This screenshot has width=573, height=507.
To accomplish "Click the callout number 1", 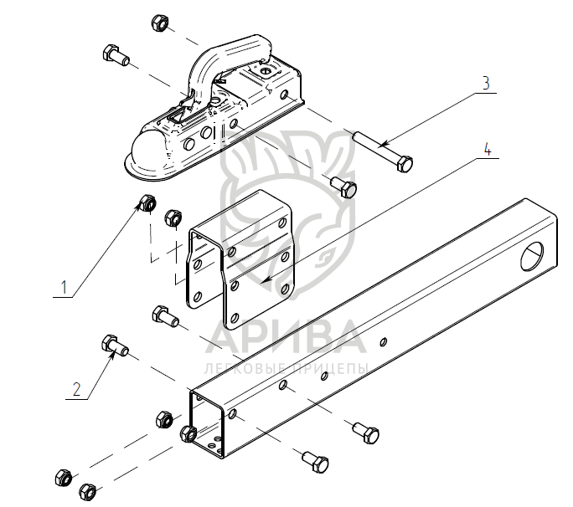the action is click(x=65, y=287).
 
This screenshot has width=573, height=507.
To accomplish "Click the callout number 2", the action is click(x=76, y=389).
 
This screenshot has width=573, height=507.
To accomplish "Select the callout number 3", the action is click(x=486, y=83).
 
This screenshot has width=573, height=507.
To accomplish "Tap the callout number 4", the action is click(x=488, y=149).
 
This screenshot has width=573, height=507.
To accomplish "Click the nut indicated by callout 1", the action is click(x=148, y=203).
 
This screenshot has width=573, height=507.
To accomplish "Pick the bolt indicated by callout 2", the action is click(x=115, y=346).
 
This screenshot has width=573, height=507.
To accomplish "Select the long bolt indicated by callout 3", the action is click(x=383, y=151).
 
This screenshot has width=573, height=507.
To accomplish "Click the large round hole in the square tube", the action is click(x=532, y=255).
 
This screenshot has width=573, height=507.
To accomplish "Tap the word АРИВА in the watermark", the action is click(x=286, y=337).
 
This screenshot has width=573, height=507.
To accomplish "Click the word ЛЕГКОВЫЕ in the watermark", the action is click(x=246, y=369).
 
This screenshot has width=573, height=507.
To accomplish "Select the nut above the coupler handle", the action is click(x=159, y=23).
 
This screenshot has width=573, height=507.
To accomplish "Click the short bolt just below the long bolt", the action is click(x=343, y=187).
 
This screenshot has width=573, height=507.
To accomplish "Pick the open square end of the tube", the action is click(x=207, y=424).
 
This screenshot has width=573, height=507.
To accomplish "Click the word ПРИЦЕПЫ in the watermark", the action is click(x=330, y=369).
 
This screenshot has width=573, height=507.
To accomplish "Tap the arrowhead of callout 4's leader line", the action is click(x=265, y=281).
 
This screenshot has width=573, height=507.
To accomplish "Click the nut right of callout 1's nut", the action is click(x=173, y=218).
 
